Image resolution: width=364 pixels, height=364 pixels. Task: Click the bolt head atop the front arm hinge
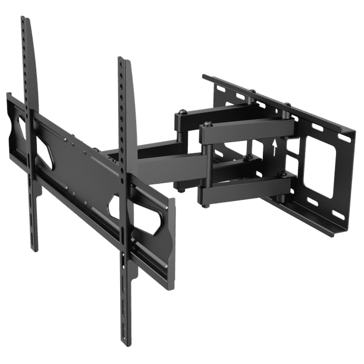click(206, 124)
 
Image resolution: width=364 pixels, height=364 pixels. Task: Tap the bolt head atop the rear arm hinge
click(181, 111)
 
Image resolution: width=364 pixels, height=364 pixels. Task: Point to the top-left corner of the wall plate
click(204, 76)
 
